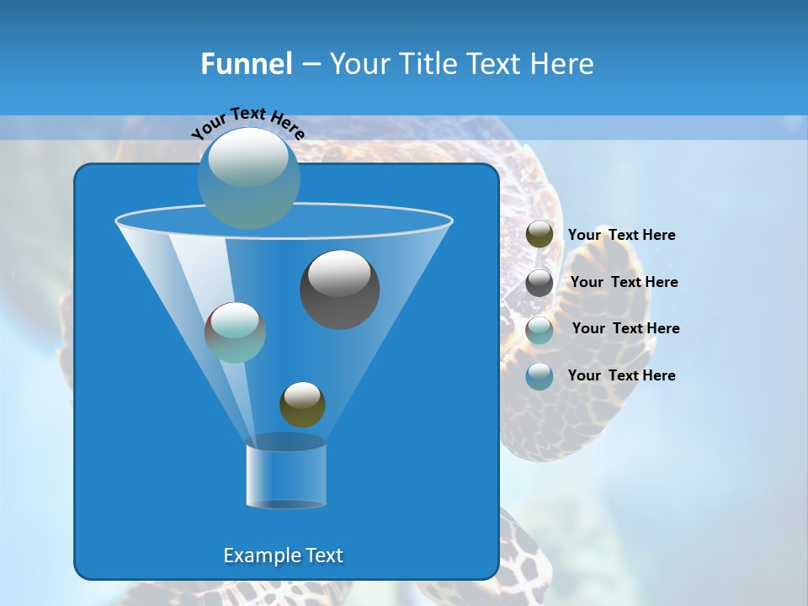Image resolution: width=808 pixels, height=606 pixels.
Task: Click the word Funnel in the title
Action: coord(247,64)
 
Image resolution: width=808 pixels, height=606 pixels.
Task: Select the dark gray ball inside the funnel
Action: coord(339,290)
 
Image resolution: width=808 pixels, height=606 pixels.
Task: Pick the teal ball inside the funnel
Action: coord(235,332)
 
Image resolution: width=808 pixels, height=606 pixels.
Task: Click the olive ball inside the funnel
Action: coord(302,405)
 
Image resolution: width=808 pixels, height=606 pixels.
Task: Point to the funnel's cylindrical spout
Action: coord(285,476)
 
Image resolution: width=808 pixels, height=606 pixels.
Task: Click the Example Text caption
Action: coord(283,555)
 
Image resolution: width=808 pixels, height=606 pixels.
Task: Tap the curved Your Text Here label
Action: coord(248,122)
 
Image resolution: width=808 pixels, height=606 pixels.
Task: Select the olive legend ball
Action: coord(540,235)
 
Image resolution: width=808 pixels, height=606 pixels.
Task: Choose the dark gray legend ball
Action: coord(540,282)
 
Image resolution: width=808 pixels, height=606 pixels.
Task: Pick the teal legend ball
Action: coord(540,329)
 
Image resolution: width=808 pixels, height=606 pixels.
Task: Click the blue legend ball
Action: coord(540,375)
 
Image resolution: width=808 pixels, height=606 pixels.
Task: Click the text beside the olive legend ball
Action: coord(621,235)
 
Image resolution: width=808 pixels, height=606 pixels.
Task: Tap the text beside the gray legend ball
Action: coord(624,282)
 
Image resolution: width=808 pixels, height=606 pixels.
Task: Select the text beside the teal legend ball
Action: coord(625,328)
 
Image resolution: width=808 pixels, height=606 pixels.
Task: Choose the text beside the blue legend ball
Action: coord(621,375)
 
